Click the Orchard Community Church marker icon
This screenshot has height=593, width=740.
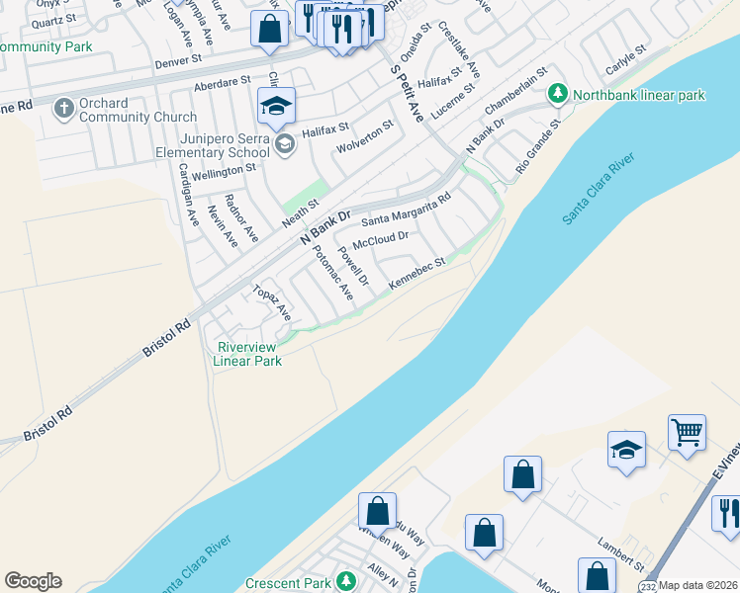click(x=64, y=108)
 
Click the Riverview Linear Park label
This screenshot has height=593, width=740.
click(x=247, y=354)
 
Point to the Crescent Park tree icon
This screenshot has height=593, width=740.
click(x=345, y=580)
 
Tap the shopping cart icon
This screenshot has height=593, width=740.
click(x=687, y=433)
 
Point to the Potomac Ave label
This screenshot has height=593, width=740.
click(x=333, y=272)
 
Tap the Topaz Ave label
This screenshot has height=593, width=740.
click(x=272, y=302)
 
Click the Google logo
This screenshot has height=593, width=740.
click(x=33, y=581)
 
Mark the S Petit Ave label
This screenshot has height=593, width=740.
click(x=407, y=92)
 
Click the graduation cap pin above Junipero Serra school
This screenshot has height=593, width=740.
click(x=277, y=106)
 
